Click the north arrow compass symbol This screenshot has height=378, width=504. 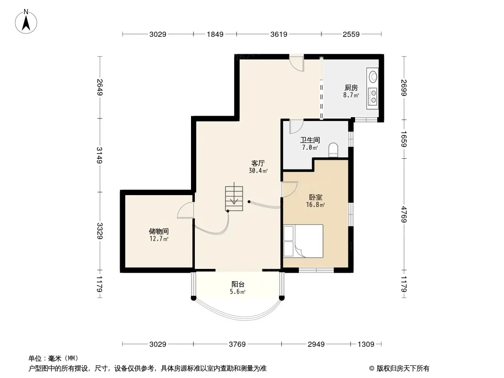pos(26,22)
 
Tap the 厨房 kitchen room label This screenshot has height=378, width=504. pos(351,87)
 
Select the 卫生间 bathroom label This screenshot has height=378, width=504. pos(310,140)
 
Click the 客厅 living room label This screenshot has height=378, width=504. pos(258,163)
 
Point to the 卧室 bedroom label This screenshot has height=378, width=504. pos(315,197)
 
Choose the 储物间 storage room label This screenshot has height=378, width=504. pos(159,231)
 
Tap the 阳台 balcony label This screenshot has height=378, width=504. pos(238,284)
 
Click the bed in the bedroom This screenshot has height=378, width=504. pos(303,241)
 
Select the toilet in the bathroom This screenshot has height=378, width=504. pos(333,150)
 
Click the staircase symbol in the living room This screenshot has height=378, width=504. pos(234,198)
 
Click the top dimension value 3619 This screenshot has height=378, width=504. pos(278,34)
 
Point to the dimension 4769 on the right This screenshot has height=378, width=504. pos(404,215)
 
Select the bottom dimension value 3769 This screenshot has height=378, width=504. pos(237,344)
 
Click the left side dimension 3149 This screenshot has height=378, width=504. pos(100,155)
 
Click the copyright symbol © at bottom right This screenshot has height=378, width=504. pos(372,369)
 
